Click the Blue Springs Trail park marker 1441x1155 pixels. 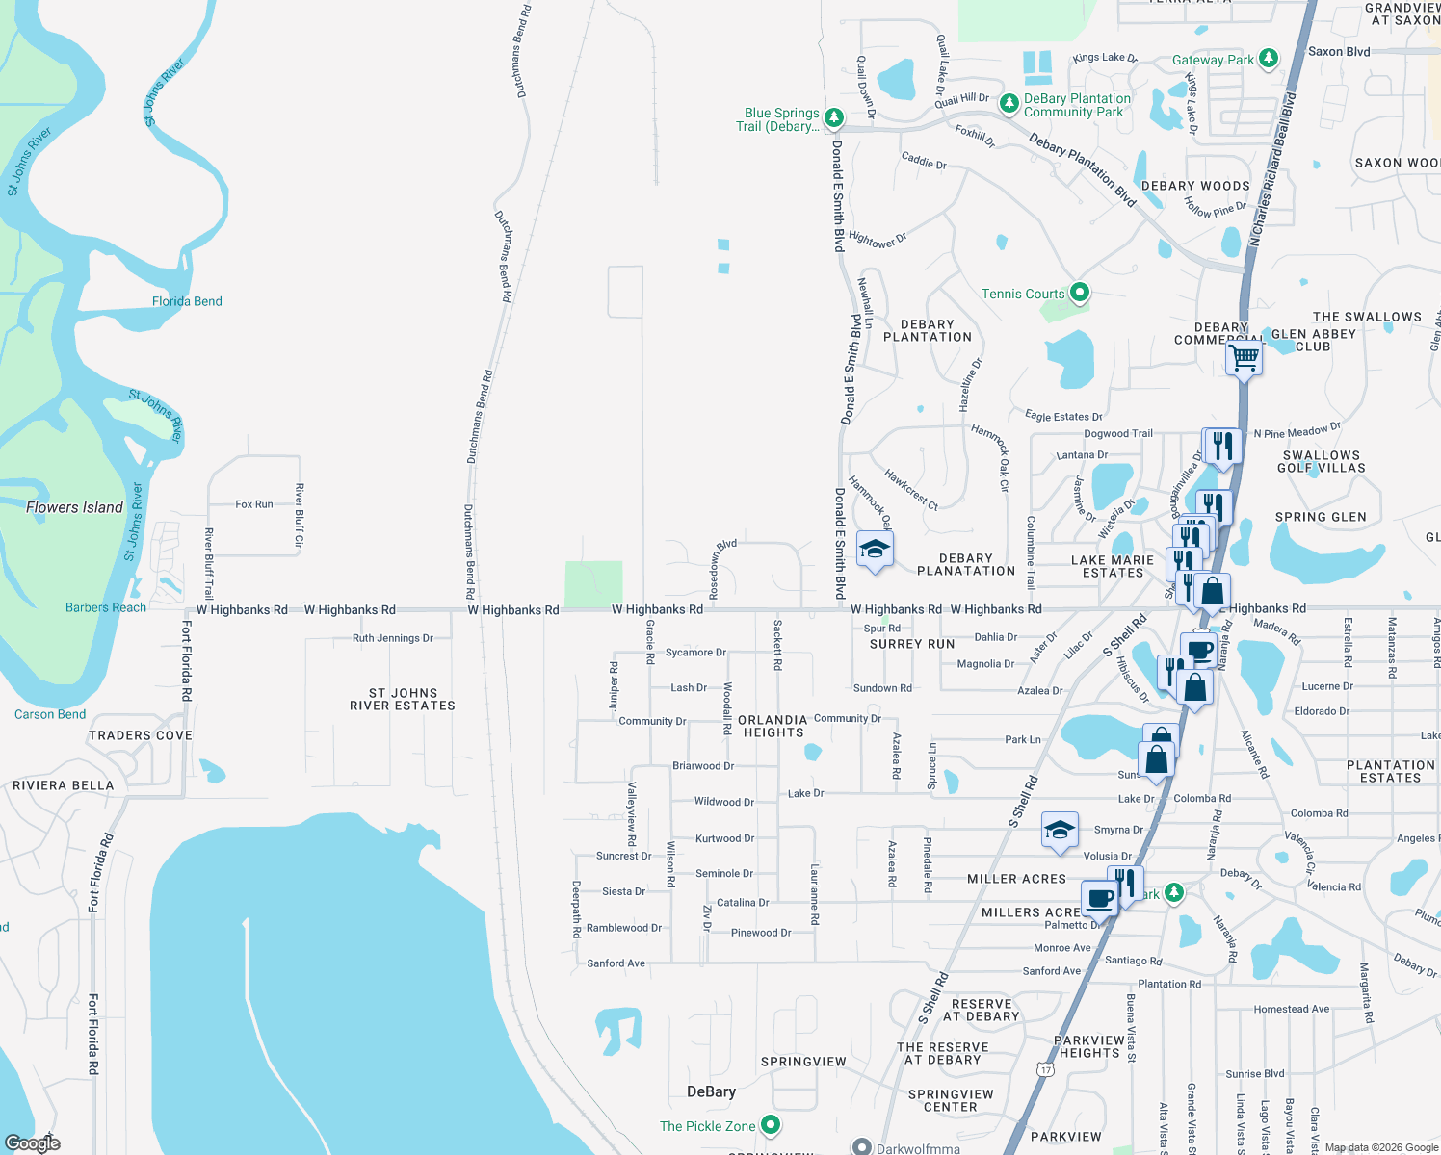834,117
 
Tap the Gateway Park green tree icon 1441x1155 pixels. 1269,58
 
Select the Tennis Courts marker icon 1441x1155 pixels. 1080,292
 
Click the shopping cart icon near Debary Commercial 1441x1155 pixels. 1244,358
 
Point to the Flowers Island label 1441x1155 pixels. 74,507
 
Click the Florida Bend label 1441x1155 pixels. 187,301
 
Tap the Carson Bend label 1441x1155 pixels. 50,714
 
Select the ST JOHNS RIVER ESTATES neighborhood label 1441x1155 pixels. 403,699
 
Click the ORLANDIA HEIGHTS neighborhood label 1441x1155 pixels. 773,726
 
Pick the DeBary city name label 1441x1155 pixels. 711,1091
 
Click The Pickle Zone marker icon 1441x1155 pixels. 770,1124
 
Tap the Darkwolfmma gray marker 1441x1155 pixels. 862,1146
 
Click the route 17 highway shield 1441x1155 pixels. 1046,1069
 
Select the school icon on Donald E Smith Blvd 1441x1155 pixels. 874,550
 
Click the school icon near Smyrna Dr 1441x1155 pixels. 1059,831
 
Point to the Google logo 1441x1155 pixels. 32,1142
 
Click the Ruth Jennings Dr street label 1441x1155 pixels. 393,638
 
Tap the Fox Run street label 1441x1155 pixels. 254,504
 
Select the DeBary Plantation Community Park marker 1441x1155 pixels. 1009,103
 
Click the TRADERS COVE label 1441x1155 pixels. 141,735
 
